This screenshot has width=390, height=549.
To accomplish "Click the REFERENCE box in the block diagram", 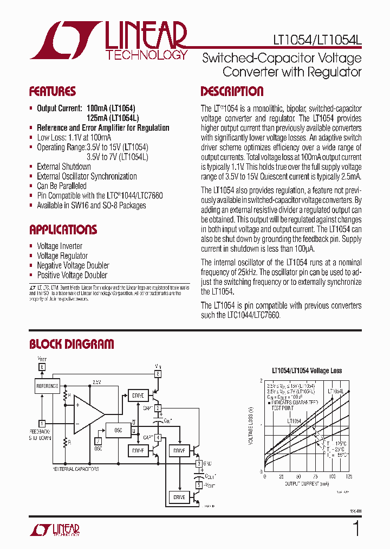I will pyautogui.click(x=47, y=386).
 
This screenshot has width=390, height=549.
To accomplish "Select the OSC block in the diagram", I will pyautogui.click(x=119, y=430).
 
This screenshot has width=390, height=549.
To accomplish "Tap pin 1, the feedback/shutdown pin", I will pyautogui.click(x=42, y=423).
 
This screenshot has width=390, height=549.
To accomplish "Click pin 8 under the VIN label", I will pyautogui.click(x=158, y=374).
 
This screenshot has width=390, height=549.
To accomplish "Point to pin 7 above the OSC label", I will pyautogui.click(x=98, y=441).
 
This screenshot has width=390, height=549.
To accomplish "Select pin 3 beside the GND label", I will pyautogui.click(x=199, y=463).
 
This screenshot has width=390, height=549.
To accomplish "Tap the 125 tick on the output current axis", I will pyautogui.click(x=348, y=477).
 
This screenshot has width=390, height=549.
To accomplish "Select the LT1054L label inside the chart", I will pyautogui.click(x=336, y=391).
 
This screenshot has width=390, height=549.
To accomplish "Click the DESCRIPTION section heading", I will pyautogui.click(x=232, y=91).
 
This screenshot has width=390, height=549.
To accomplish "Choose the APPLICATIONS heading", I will pyautogui.click(x=63, y=229).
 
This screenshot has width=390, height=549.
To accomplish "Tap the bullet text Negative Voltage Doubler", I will pyautogui.click(x=73, y=265).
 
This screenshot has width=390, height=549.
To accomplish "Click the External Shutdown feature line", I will pyautogui.click(x=63, y=167).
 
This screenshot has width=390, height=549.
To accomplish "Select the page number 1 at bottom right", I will pyautogui.click(x=356, y=528).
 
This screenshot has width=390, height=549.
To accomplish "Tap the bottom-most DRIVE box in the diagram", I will pyautogui.click(x=179, y=497).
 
